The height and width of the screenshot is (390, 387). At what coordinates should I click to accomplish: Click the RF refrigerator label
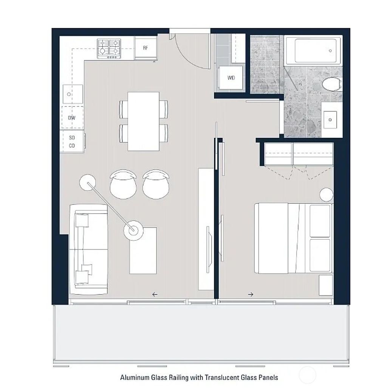point(146,48)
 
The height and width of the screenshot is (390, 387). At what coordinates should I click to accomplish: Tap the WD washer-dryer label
point(231,78)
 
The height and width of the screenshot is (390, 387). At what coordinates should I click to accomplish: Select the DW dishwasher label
point(72,118)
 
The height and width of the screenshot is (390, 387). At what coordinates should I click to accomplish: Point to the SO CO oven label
point(72,142)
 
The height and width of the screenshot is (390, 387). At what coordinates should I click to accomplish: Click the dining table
point(143,121)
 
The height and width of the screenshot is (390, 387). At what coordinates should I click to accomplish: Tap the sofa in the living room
point(89,250)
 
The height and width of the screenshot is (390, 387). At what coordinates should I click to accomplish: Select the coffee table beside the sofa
point(143,250)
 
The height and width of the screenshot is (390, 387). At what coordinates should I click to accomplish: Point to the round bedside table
point(326,195)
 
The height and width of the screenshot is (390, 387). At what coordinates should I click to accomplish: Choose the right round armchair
point(156,183)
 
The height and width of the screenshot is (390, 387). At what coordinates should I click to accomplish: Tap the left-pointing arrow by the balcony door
point(155,294)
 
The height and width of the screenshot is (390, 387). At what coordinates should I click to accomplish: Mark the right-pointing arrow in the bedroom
point(251,294)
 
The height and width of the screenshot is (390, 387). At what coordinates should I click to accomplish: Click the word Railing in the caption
point(180,378)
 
